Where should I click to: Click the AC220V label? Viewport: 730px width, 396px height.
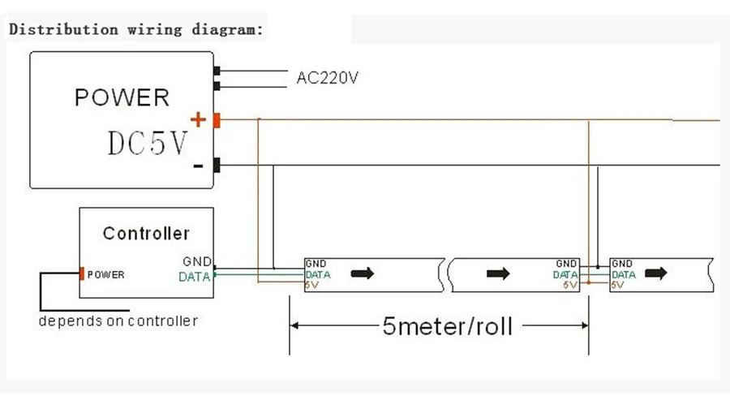pos(328,77)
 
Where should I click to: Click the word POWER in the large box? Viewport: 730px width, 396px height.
pos(122,97)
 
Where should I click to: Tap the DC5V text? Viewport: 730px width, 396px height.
pos(148,143)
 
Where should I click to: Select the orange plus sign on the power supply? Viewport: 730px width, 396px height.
pos(198,120)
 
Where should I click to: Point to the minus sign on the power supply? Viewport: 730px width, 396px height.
pos(198,166)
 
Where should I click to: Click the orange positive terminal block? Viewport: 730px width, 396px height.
pos(217,120)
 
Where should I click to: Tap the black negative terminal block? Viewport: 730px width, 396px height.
pos(217,165)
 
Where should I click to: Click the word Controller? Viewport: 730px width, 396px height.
pos(146,234)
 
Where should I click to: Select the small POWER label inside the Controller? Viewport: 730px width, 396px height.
pos(105,275)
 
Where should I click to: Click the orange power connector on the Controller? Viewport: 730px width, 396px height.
pos(82,273)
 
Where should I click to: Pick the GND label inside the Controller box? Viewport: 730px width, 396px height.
pos(197,261)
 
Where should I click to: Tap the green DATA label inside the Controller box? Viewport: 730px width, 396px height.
pos(194,277)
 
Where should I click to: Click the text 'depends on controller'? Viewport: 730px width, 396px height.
pos(118,321)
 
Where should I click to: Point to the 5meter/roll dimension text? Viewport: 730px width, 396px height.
pos(448,326)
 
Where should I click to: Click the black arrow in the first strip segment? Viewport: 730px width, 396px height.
pos(363,273)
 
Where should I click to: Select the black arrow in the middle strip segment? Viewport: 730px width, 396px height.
pos(498,273)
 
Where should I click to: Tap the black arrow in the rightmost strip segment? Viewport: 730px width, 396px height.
pos(656,273)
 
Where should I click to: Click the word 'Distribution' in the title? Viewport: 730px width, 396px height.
pos(63,29)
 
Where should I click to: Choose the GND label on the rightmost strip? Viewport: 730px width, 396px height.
pos(622,264)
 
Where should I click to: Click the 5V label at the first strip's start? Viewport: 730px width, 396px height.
pos(311,285)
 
